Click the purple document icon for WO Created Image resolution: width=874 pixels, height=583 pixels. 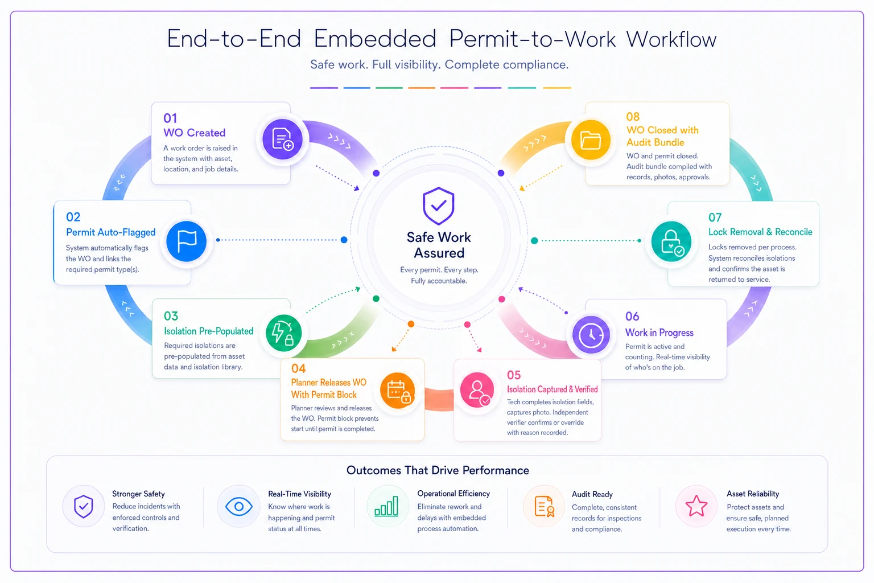point(282,139)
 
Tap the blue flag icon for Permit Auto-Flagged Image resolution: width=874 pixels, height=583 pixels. point(187,241)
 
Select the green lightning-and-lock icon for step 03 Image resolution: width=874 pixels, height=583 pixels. point(284,333)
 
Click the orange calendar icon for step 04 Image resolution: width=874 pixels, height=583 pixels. point(398,391)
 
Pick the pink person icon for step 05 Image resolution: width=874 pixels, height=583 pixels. point(477,389)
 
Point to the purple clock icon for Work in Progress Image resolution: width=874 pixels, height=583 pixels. point(591,335)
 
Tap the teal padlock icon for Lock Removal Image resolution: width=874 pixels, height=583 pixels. point(671,241)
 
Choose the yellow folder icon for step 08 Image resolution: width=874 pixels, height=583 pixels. point(591,140)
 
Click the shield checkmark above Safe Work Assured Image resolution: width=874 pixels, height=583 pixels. point(439,206)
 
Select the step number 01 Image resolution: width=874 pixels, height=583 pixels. point(170,118)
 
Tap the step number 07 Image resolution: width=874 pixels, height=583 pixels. point(715,217)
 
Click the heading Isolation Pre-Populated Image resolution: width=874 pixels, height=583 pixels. point(208,331)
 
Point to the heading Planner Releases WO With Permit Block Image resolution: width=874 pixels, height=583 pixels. point(328,388)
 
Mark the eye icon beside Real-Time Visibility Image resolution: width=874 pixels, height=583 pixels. point(239,507)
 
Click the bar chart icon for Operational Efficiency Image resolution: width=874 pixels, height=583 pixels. point(386,506)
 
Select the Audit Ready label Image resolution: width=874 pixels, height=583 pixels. point(592,494)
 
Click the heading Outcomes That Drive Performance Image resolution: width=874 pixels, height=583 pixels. point(438,470)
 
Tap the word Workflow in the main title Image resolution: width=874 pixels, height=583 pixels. point(671,39)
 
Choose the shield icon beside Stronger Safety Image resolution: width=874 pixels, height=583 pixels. point(84,507)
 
